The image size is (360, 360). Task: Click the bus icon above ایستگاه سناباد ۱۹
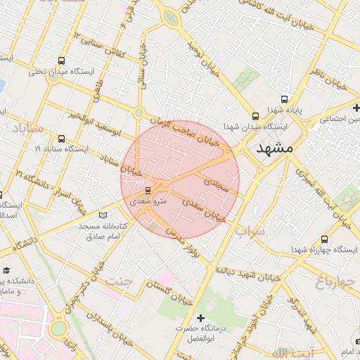[x=62, y=139]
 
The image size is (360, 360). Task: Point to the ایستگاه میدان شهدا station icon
[x=255, y=116]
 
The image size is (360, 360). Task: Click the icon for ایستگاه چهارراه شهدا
[x=324, y=240]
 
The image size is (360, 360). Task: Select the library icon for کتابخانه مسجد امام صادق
[x=105, y=214]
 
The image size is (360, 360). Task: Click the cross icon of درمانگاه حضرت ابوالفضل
[x=200, y=319]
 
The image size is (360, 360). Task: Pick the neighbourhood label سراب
[x=250, y=230]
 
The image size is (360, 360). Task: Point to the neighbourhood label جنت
[x=119, y=281]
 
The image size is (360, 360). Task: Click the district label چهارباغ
[x=331, y=283]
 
